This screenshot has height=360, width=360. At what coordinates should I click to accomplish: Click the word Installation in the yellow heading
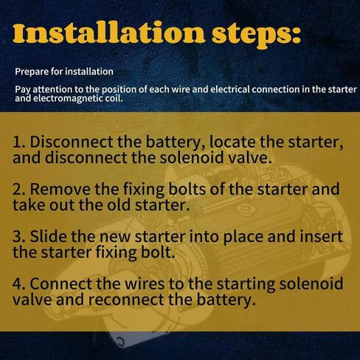point(108,32)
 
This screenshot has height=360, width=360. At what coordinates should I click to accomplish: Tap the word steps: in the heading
point(257,35)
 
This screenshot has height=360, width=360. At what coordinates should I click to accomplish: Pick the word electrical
point(230,89)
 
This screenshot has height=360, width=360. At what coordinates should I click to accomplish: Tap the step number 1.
point(19,142)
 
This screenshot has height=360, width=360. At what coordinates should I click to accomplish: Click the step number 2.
point(19,190)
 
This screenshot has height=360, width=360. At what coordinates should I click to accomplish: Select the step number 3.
point(19,237)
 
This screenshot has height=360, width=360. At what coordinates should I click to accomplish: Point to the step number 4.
point(19,284)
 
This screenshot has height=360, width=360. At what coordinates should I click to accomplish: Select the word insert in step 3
point(321,236)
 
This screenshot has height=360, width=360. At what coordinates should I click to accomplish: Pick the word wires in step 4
point(145,283)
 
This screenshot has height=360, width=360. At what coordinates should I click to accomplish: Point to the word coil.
point(114,98)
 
